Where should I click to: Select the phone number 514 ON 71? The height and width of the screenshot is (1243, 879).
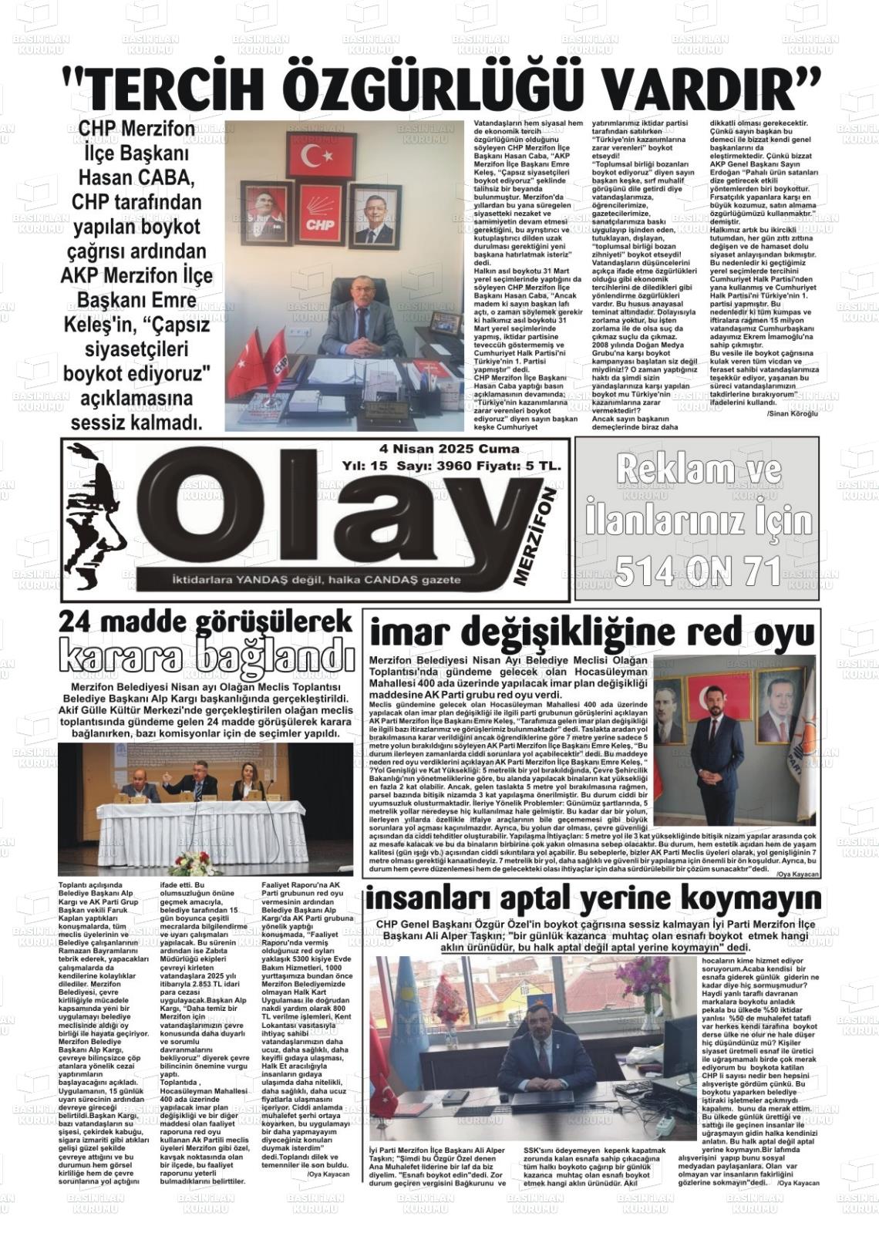pyautogui.click(x=698, y=571)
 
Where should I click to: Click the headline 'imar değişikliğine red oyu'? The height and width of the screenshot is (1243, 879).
pyautogui.click(x=591, y=632)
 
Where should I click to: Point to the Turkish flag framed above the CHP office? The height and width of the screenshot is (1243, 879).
pyautogui.click(x=321, y=156)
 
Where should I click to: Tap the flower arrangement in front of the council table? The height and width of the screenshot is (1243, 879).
pyautogui.click(x=193, y=863)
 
